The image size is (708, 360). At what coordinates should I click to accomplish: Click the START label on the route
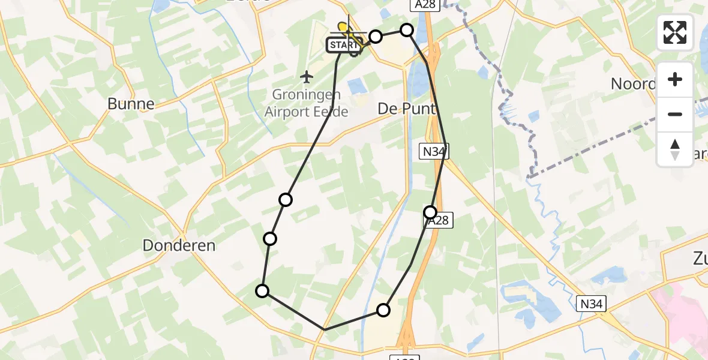coord(344,45)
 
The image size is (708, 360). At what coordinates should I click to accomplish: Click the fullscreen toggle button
coord(675,32)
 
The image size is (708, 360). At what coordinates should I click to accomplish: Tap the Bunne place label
coord(131,104)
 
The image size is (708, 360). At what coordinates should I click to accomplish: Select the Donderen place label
coord(179,245)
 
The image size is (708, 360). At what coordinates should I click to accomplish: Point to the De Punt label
coord(401,108)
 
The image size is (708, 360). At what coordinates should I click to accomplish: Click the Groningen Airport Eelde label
coord(306,103)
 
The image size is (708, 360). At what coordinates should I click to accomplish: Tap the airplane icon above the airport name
coord(307,77)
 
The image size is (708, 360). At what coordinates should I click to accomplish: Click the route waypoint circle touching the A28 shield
coord(430,212)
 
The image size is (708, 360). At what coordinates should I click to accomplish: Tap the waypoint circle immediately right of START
coord(376,37)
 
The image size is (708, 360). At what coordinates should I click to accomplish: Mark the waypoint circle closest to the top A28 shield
coord(407,30)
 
